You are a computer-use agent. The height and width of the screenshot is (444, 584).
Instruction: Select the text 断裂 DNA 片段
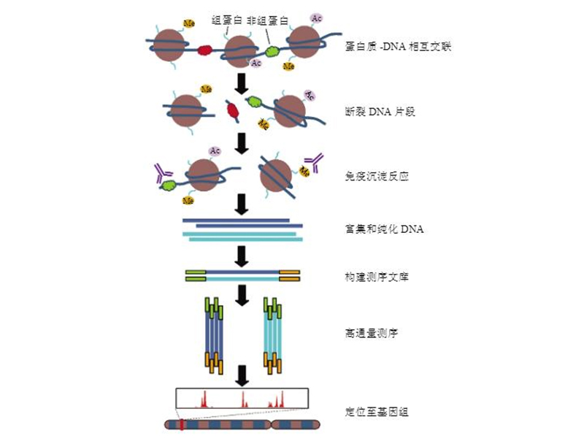point(380,112)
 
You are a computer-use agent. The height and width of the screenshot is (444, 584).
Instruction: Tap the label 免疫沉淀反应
point(372,176)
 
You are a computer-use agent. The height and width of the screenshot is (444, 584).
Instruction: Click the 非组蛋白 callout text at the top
point(268,20)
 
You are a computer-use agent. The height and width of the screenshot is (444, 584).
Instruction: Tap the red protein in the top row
point(204,50)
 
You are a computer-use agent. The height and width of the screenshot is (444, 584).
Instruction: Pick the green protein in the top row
point(272,52)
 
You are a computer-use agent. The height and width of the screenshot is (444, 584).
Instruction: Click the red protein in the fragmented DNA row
point(232,111)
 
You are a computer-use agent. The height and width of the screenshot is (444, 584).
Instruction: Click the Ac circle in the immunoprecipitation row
point(215,151)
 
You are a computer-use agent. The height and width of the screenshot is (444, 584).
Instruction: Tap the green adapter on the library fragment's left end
point(196,275)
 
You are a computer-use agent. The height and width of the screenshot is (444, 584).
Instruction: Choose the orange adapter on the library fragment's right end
point(289,275)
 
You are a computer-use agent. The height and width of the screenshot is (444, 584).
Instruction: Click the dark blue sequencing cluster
point(213,335)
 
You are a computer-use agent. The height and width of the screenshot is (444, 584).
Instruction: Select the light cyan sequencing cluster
point(272,335)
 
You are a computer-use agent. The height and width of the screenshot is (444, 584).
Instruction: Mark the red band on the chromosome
point(181,424)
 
